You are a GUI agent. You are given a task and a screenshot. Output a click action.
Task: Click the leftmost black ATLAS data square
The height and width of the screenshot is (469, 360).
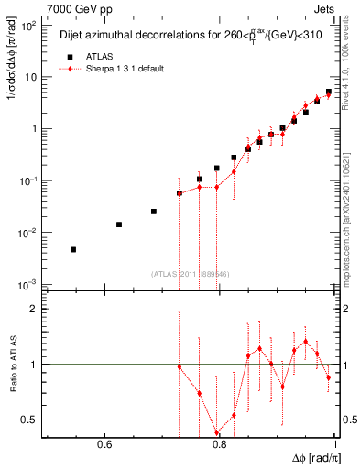[x=73, y=249]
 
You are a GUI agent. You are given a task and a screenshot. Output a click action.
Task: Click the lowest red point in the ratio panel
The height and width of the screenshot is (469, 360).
[x=217, y=433]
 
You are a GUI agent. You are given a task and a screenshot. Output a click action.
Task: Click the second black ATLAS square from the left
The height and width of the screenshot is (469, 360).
[x=119, y=224]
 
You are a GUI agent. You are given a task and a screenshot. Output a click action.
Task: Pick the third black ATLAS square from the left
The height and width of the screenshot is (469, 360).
[x=154, y=211]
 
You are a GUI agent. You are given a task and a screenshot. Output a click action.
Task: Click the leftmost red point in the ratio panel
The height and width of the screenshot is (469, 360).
[x=180, y=367]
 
